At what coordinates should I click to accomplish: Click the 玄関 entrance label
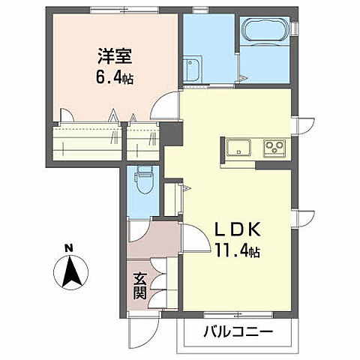click(139, 285)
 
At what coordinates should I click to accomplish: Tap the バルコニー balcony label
click(235, 333)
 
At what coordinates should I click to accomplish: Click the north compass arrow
click(71, 271)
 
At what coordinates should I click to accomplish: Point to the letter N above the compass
click(68, 247)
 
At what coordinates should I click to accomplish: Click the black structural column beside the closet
click(172, 135)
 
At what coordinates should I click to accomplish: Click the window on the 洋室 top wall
click(112, 11)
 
